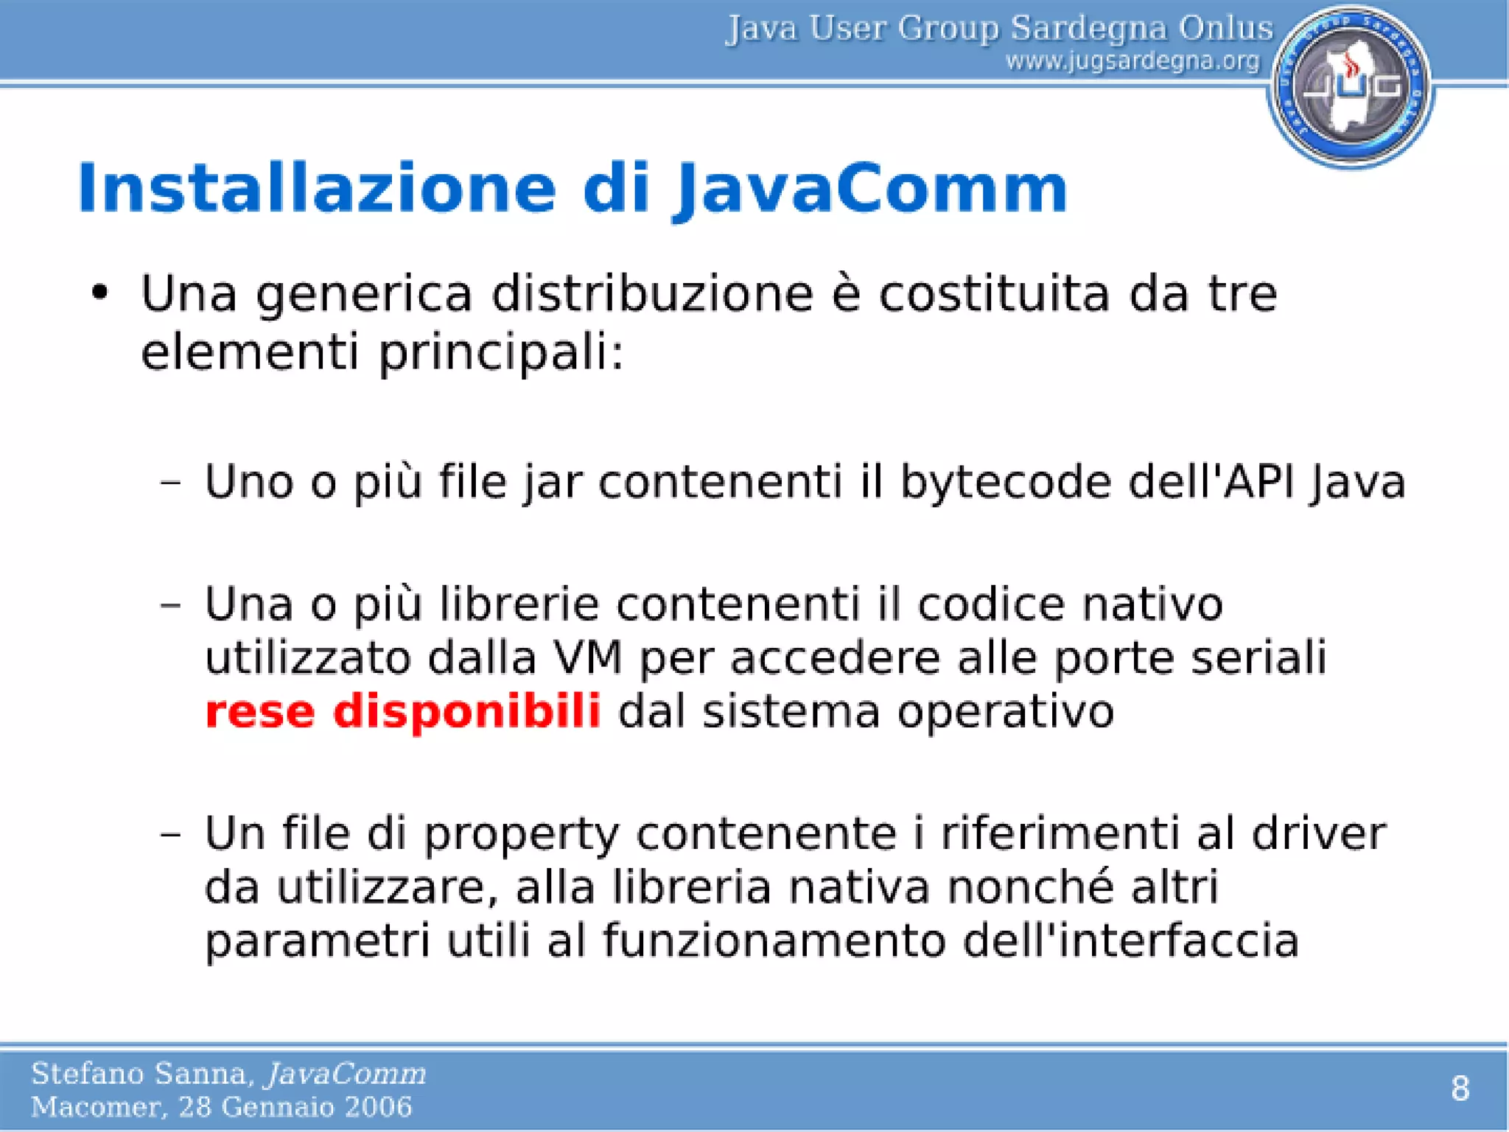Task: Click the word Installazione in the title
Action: (317, 189)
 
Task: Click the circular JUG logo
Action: (1351, 87)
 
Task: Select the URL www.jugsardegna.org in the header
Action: (1132, 60)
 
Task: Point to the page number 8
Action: (1460, 1089)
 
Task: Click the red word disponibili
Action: (467, 712)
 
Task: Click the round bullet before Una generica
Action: (100, 293)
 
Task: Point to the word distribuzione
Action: (652, 293)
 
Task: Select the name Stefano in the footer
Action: (88, 1074)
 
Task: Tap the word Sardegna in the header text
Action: (1088, 28)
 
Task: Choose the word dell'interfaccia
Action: (1131, 942)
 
